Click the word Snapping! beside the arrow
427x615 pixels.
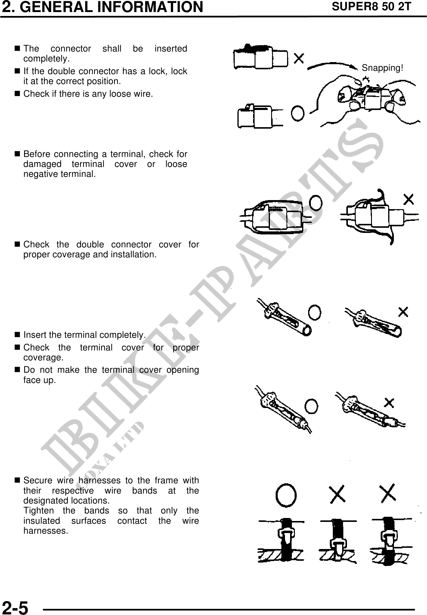[382, 68]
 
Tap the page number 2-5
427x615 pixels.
[15, 606]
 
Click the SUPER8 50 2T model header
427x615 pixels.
[371, 7]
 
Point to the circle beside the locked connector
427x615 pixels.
[298, 114]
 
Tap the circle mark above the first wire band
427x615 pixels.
[286, 496]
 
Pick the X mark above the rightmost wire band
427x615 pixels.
[388, 493]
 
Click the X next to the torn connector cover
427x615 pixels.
[408, 199]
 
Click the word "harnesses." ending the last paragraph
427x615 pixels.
[46, 531]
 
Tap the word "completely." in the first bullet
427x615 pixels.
[47, 59]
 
